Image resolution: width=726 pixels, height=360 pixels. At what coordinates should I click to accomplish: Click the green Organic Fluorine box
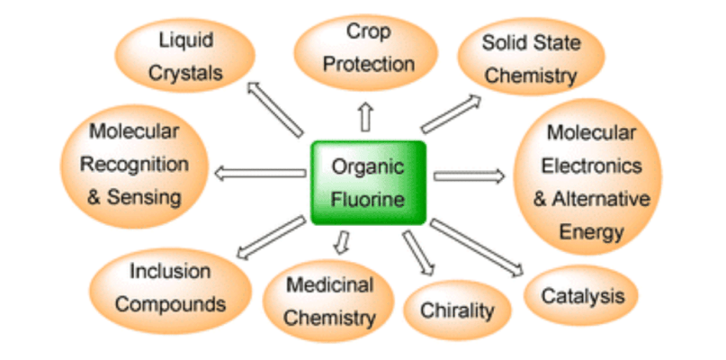368,183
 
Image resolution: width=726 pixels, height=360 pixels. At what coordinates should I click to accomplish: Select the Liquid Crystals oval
184,55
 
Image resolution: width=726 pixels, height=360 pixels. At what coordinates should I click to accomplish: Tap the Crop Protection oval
366,52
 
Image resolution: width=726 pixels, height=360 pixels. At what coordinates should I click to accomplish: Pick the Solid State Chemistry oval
531,56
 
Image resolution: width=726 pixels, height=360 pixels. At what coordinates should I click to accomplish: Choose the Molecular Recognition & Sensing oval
134,166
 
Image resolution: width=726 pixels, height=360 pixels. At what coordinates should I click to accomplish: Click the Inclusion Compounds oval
170,291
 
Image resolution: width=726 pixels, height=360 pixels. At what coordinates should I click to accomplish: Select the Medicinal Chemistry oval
328,301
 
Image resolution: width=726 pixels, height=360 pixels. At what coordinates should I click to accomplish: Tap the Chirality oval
457,310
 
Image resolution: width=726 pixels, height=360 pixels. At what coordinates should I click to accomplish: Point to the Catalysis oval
581,295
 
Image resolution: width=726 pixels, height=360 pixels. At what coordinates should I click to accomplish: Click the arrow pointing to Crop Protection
366,117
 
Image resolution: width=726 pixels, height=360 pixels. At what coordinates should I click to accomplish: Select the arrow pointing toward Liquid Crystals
275,109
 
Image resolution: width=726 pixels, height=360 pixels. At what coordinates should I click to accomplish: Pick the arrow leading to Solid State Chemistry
451,114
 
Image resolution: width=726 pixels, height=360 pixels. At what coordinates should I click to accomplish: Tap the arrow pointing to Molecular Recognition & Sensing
260,174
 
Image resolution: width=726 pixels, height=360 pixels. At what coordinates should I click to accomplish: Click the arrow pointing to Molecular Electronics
469,176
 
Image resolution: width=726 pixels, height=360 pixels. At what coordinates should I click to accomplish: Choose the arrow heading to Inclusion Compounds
271,238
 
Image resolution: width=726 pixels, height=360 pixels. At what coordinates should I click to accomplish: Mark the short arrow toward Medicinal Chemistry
342,242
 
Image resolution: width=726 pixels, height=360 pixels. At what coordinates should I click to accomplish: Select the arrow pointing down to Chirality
418,253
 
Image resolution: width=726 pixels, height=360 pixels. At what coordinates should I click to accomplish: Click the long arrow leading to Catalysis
477,247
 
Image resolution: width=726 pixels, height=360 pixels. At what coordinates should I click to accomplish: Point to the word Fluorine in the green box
368,200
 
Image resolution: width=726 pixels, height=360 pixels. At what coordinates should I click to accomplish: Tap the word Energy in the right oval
591,231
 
